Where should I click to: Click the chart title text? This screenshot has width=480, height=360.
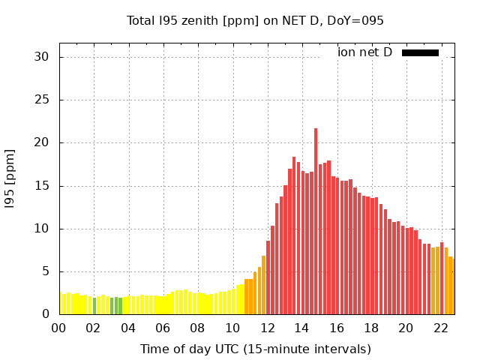(x=255, y=20)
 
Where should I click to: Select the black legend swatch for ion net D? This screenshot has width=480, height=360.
(x=420, y=52)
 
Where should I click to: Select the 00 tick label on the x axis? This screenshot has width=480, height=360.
(x=58, y=328)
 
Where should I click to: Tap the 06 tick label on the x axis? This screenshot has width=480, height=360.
(x=163, y=328)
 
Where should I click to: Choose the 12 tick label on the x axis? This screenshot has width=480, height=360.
(x=267, y=328)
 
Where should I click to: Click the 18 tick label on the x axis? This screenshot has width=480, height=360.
(x=371, y=328)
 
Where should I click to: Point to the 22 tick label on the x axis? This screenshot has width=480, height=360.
(x=440, y=328)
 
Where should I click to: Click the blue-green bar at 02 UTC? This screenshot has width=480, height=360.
(x=94, y=307)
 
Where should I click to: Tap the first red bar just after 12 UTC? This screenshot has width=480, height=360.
(x=268, y=277)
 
